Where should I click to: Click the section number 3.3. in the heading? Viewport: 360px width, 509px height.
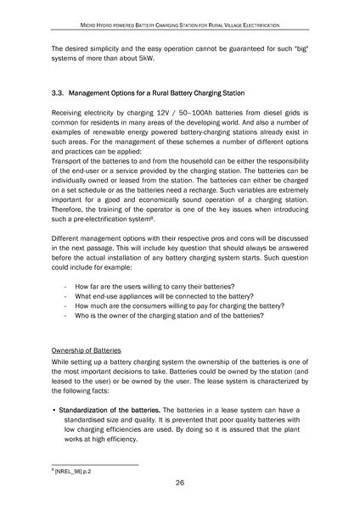(61, 92)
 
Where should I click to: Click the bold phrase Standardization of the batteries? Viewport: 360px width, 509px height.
(110, 409)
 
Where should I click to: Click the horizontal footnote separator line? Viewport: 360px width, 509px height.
(95, 462)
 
